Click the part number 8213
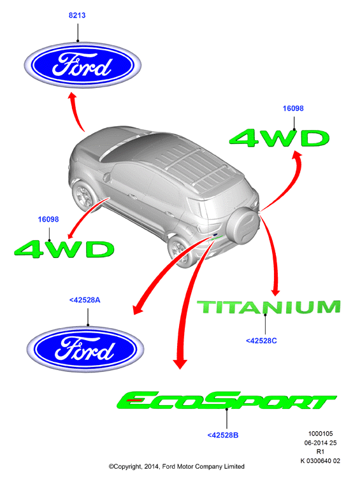tap(77, 15)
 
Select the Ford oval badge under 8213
tap(82, 66)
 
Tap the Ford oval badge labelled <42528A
tap(85, 349)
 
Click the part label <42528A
tap(85, 300)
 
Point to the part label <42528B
tap(223, 435)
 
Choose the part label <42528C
tap(261, 341)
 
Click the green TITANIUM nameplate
tap(269, 307)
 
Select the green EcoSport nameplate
tap(226, 401)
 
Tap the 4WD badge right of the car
tap(279, 138)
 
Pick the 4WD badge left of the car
tap(64, 249)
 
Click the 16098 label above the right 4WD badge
tap(293, 108)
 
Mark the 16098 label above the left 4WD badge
tap(48, 219)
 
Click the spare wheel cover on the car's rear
tap(243, 224)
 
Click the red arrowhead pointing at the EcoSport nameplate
tap(180, 363)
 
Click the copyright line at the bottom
tap(176, 466)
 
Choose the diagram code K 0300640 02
tap(320, 461)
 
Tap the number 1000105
tap(320, 434)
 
